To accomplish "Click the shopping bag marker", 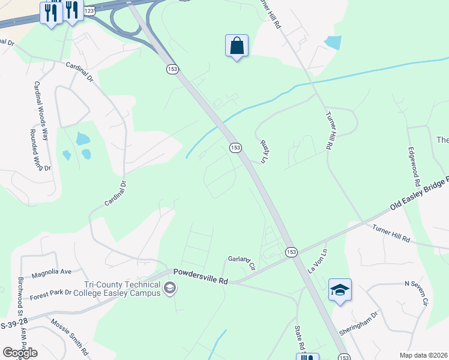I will coord(237,46).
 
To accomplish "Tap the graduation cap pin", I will coord(340,290).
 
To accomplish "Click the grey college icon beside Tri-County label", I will coord(170,290).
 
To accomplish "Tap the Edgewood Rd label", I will coord(413,166).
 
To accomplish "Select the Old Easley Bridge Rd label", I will coord(419,194).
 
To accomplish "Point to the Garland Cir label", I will coord(242,261).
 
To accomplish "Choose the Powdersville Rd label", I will coord(202,276).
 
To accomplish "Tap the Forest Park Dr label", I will coord(51,294).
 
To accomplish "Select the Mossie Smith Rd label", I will coord(69,337).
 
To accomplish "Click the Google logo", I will coord(20,352).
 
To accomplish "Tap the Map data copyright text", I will coord(424,355).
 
